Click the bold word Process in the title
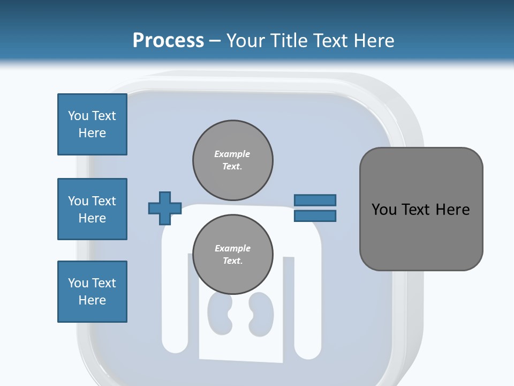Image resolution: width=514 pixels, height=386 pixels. (x=169, y=41)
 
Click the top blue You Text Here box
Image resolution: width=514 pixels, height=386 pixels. (x=93, y=124)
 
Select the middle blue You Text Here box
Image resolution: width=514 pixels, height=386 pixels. (x=93, y=209)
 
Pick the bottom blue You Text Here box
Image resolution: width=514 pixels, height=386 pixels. (x=93, y=292)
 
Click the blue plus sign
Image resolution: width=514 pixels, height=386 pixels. (x=165, y=208)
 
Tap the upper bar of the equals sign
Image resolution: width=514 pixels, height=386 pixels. (x=315, y=200)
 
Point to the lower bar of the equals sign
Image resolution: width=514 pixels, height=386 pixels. (x=315, y=216)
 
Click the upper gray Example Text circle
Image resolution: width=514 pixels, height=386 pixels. (x=233, y=160)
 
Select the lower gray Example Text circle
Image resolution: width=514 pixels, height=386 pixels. (x=233, y=254)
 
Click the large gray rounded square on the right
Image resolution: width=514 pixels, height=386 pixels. (x=421, y=209)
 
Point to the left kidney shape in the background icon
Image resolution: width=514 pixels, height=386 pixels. (x=220, y=314)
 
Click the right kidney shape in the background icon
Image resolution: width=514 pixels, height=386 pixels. (x=261, y=315)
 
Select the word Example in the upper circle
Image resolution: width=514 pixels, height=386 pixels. (x=232, y=154)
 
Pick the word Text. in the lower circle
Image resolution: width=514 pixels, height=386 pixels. (x=233, y=261)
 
